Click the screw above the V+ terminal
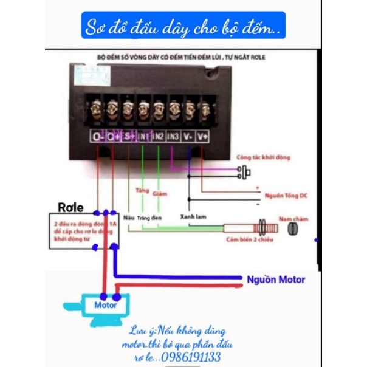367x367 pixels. (x=206, y=109)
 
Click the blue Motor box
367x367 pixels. (x=105, y=304)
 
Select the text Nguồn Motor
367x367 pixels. (x=276, y=280)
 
